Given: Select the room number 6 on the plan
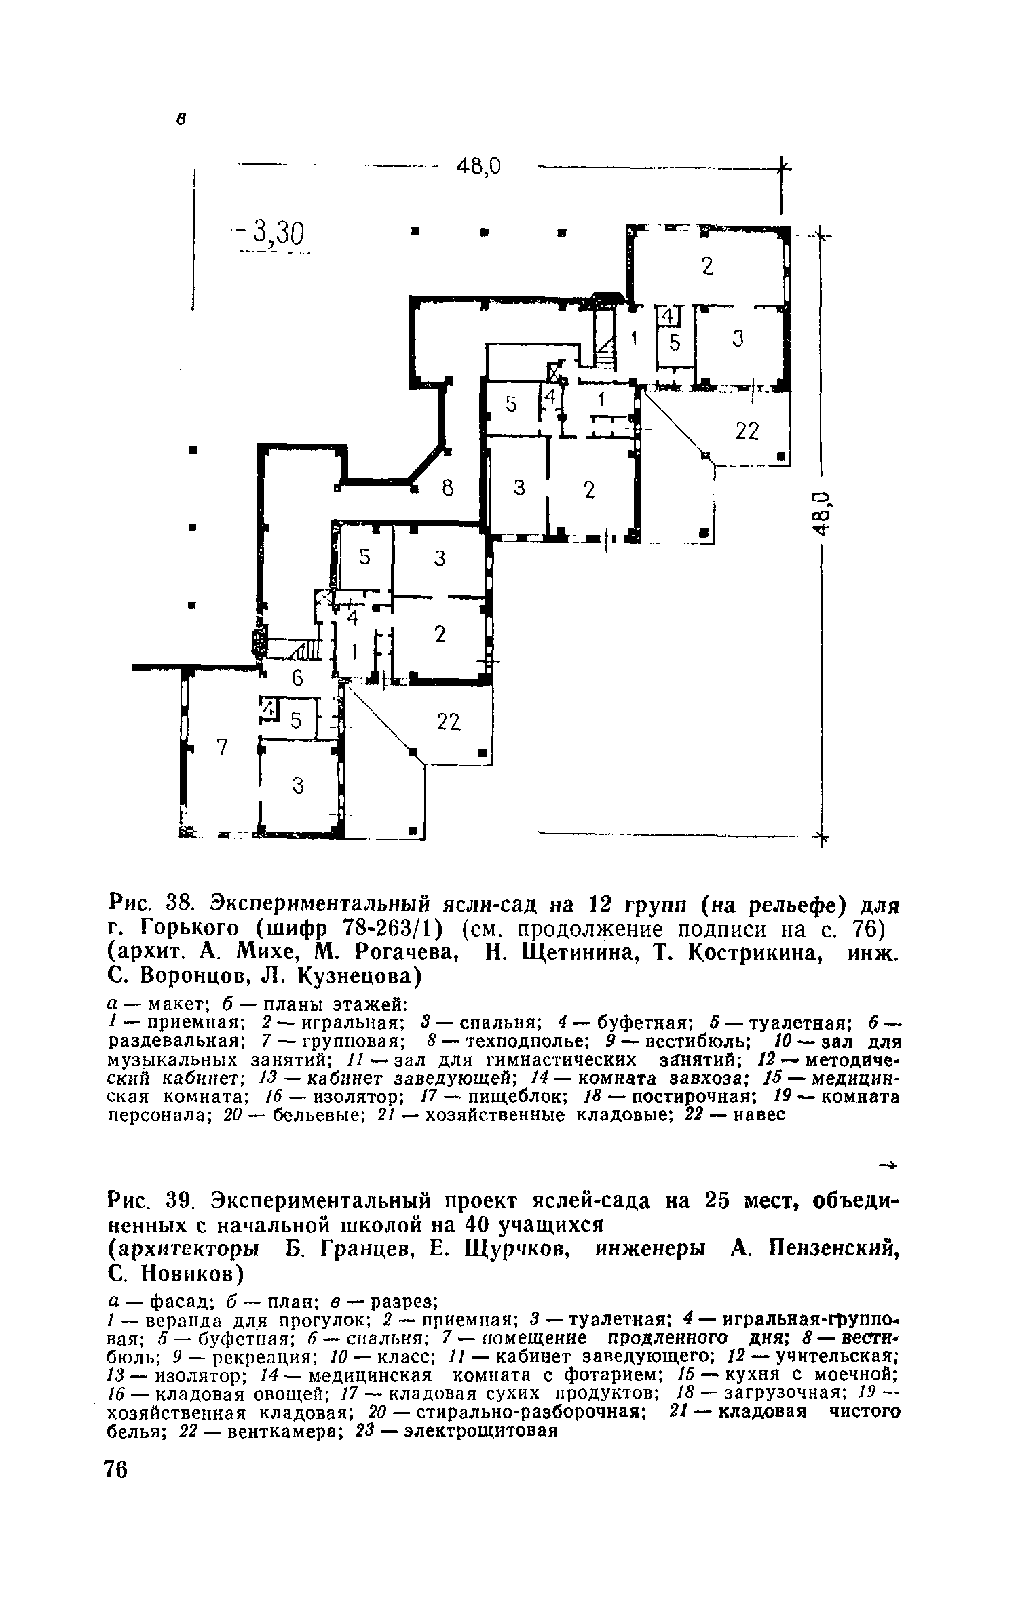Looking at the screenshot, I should coord(296,678).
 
